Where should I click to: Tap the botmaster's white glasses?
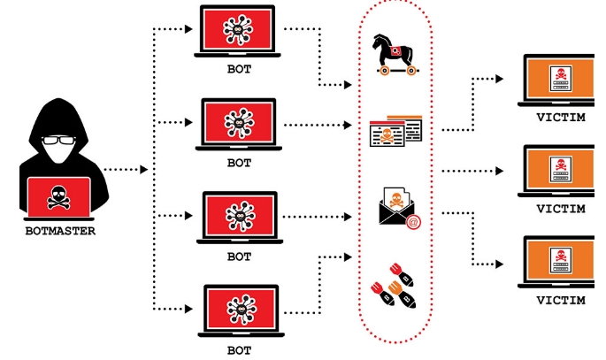(x=58, y=142)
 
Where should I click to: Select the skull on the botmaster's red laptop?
(x=58, y=195)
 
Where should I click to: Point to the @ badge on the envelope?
(x=412, y=223)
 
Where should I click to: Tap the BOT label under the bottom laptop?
(x=239, y=349)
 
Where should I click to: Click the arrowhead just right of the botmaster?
(x=144, y=168)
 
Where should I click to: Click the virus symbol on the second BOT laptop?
(x=239, y=122)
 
